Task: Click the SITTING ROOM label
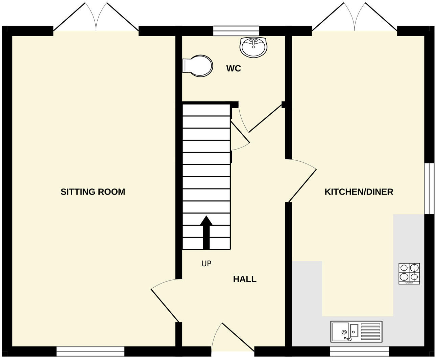(x=93, y=192)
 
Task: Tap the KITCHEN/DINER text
(x=359, y=192)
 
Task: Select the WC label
(x=234, y=69)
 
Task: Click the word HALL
(x=245, y=279)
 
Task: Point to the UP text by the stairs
(x=206, y=264)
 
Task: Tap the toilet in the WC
(x=198, y=66)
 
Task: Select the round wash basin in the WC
(x=254, y=47)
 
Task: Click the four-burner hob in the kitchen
(x=409, y=273)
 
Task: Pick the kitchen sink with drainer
(x=357, y=331)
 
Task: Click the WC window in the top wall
(x=236, y=31)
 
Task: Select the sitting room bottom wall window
(x=91, y=351)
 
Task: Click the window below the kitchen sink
(x=359, y=351)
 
